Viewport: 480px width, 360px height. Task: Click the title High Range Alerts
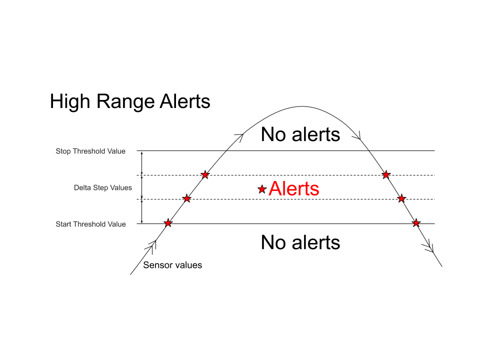pyautogui.click(x=130, y=101)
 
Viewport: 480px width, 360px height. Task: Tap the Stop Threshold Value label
pyautogui.click(x=90, y=151)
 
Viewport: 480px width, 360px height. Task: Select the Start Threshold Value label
pyautogui.click(x=90, y=224)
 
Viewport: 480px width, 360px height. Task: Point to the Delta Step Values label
pyautogui.click(x=103, y=187)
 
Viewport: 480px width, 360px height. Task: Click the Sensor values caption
pyautogui.click(x=172, y=265)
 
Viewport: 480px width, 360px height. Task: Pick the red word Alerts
pyautogui.click(x=294, y=188)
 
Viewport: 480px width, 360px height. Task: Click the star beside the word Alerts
pyautogui.click(x=261, y=189)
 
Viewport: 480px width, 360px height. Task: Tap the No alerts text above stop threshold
pyautogui.click(x=300, y=134)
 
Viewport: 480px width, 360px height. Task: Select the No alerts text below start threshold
pyautogui.click(x=300, y=242)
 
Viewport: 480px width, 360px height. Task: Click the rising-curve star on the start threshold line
pyautogui.click(x=168, y=223)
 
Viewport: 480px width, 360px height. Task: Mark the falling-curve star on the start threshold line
pyautogui.click(x=415, y=223)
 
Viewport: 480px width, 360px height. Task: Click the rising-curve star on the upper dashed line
pyautogui.click(x=205, y=175)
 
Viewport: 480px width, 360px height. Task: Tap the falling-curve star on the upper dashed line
pyautogui.click(x=386, y=175)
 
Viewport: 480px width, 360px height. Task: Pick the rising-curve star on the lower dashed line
pyautogui.click(x=186, y=198)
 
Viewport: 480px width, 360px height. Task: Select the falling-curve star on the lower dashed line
pyautogui.click(x=401, y=198)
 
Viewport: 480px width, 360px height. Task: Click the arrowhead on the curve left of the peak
pyautogui.click(x=240, y=137)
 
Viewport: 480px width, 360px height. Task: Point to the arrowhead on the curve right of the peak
pyautogui.click(x=357, y=135)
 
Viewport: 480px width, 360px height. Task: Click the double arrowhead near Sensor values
pyautogui.click(x=151, y=246)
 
